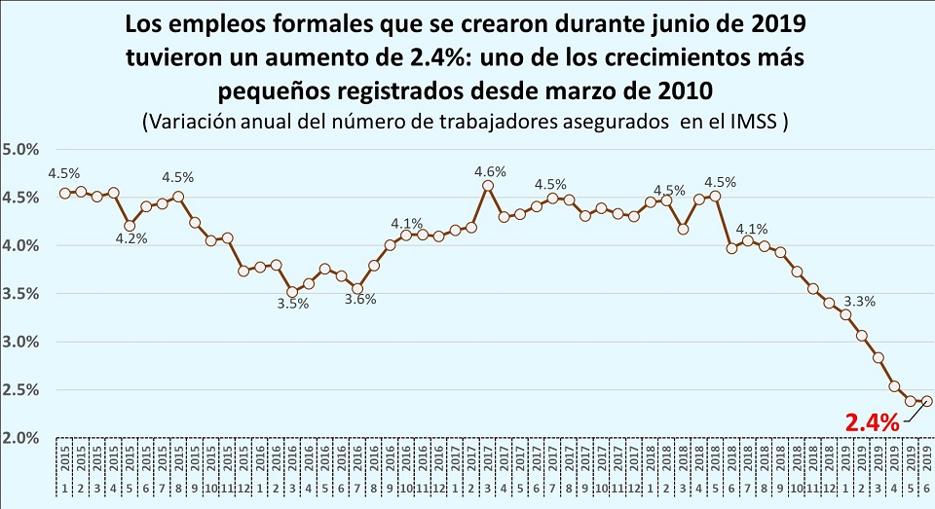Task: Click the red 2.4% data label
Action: click(x=871, y=423)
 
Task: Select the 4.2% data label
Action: click(x=131, y=239)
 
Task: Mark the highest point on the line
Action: click(x=488, y=186)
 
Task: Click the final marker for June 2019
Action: click(x=927, y=401)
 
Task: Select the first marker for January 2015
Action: click(x=64, y=193)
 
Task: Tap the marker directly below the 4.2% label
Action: click(x=130, y=226)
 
